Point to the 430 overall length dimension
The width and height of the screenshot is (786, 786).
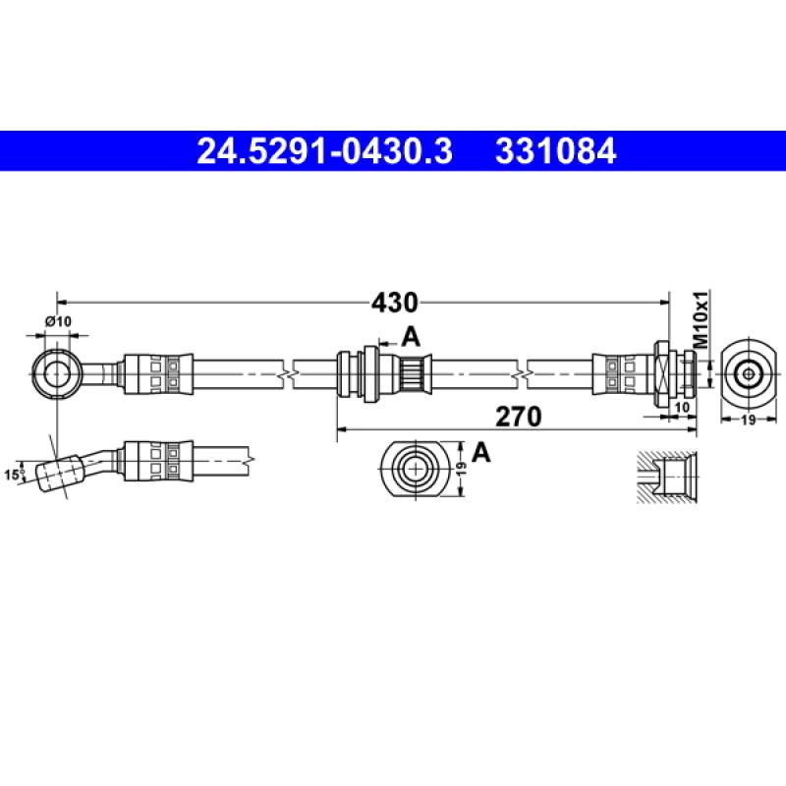coord(393,301)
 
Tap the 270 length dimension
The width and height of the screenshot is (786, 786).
coord(519,417)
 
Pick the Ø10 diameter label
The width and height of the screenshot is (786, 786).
coord(58,321)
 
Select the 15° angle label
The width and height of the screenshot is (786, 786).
coord(14,475)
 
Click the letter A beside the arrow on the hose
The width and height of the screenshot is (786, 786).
coord(411,337)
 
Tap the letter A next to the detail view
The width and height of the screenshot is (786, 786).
coord(480,452)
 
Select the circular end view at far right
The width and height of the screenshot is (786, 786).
coord(748,373)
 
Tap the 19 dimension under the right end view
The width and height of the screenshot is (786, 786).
coord(748,419)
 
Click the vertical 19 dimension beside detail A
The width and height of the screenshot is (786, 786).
coord(461,470)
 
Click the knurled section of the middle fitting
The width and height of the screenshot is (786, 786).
coord(413,373)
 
